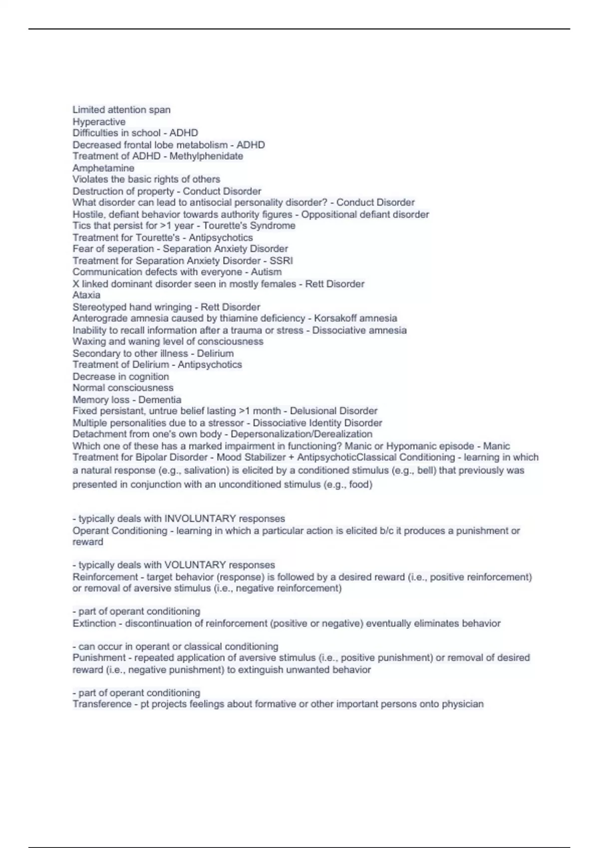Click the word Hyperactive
click(x=99, y=122)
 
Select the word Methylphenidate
click(x=206, y=156)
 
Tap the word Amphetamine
click(x=103, y=168)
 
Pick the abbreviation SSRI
click(x=281, y=260)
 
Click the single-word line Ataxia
click(x=86, y=295)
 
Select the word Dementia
click(x=160, y=400)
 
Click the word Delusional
click(x=313, y=411)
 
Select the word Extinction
click(x=94, y=624)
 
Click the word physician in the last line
click(x=463, y=704)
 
